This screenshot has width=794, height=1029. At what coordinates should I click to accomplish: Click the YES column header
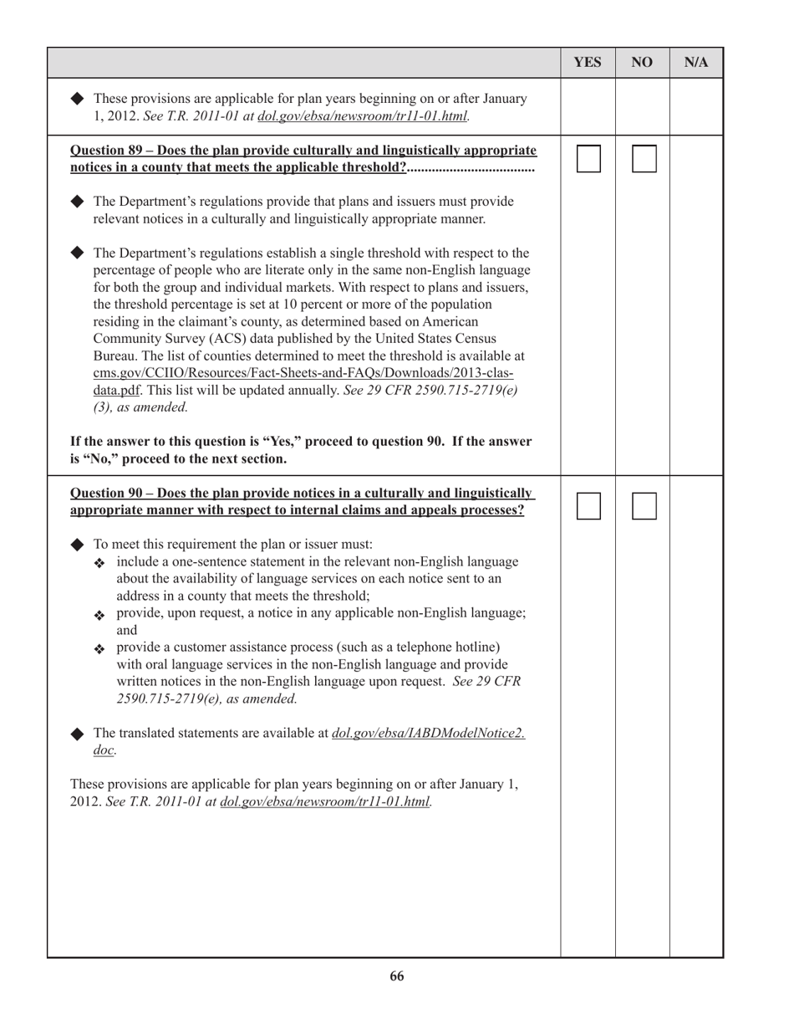588,63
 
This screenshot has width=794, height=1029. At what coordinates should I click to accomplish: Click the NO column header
642,63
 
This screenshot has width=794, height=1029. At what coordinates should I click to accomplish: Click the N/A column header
696,63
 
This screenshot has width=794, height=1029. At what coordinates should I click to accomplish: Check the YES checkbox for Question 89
588,159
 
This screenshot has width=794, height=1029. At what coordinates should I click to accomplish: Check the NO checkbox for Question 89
644,159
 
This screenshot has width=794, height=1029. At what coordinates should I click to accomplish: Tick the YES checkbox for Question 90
588,506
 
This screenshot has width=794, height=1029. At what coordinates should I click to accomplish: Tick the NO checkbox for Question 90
644,506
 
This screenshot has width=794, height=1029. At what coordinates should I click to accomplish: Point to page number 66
396,976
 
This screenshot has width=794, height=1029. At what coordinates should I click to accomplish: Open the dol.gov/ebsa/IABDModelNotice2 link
428,733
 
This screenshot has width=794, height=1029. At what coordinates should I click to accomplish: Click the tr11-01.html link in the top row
362,116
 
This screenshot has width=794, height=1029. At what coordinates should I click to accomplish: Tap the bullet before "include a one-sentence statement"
99,563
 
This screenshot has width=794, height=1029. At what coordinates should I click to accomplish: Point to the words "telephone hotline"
445,647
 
